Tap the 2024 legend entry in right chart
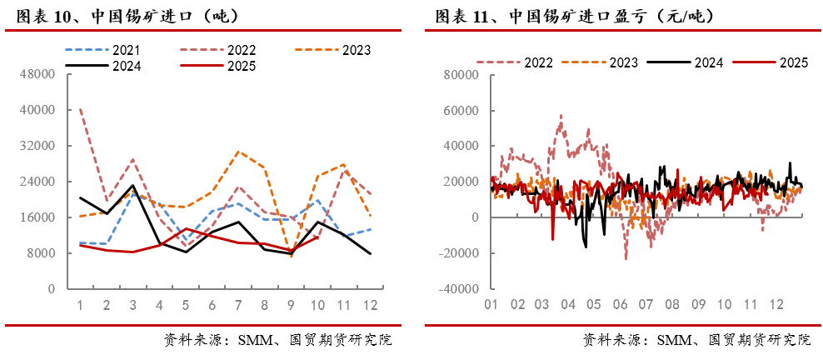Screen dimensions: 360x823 click(x=709, y=62)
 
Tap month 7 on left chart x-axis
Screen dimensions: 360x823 click(x=238, y=305)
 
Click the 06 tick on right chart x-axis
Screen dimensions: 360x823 click(x=620, y=305)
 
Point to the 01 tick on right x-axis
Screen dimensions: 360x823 click(x=491, y=305)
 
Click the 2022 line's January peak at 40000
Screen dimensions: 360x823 click(x=80, y=109)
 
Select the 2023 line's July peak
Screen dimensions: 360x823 click(x=238, y=152)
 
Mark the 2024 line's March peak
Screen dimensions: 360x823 click(x=132, y=186)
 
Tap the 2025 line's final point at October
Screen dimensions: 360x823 click(x=317, y=237)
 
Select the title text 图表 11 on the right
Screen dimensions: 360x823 click(x=462, y=16)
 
